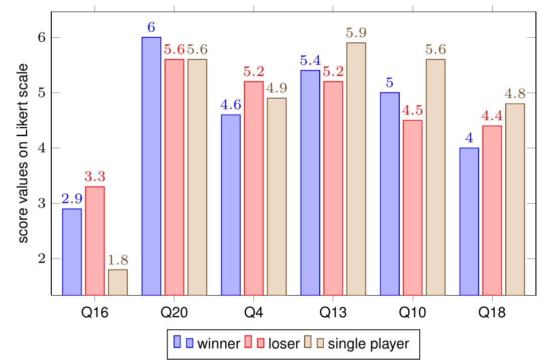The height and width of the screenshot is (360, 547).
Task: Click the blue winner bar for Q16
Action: [72, 251]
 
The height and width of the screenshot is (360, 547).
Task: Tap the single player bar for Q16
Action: [118, 282]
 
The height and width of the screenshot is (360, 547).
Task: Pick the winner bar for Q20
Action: [151, 166]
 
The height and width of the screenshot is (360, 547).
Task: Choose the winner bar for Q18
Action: [469, 221]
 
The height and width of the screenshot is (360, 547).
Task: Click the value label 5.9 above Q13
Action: [356, 33]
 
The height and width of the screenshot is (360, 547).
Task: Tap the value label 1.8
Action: [118, 260]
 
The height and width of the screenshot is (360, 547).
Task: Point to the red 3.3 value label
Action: [95, 177]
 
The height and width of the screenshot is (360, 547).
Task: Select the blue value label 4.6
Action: [231, 105]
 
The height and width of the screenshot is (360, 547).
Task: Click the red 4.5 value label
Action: [413, 111]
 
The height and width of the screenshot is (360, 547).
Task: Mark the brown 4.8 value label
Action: [514, 94]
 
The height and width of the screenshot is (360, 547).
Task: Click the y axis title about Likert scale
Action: [24, 153]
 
